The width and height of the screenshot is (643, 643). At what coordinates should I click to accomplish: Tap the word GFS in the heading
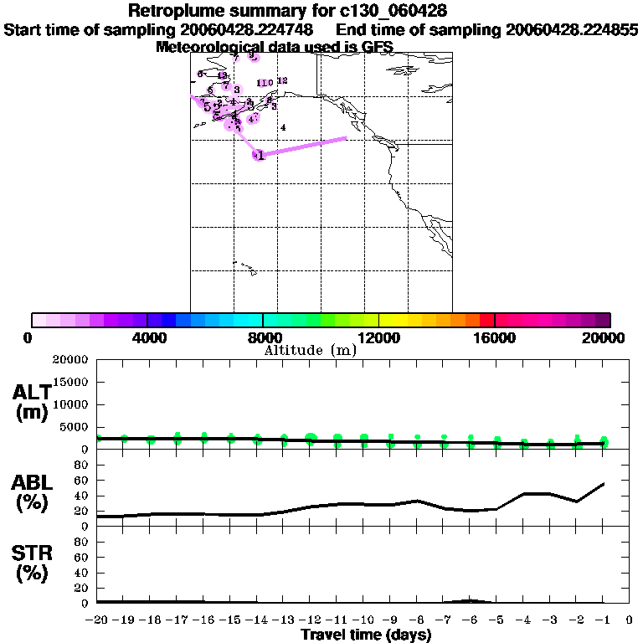click(x=377, y=47)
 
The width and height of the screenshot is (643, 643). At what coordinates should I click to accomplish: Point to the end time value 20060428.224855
click(x=572, y=29)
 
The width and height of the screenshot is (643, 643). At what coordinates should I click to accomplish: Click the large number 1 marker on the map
click(x=260, y=155)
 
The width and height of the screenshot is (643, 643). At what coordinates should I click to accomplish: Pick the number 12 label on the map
click(x=282, y=80)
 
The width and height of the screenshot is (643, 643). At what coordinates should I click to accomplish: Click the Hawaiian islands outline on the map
click(x=245, y=269)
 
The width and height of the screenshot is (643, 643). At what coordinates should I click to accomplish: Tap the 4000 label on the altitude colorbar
click(x=147, y=337)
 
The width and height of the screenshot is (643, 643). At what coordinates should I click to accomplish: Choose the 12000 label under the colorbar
click(x=379, y=337)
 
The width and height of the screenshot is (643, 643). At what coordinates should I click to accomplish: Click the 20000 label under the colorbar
click(x=608, y=337)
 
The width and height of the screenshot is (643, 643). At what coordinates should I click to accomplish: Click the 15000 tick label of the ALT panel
click(x=72, y=382)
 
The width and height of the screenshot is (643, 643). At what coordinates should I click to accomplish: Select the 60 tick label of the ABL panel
click(x=82, y=480)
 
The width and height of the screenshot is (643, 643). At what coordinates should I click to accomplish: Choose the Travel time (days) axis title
click(x=366, y=635)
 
